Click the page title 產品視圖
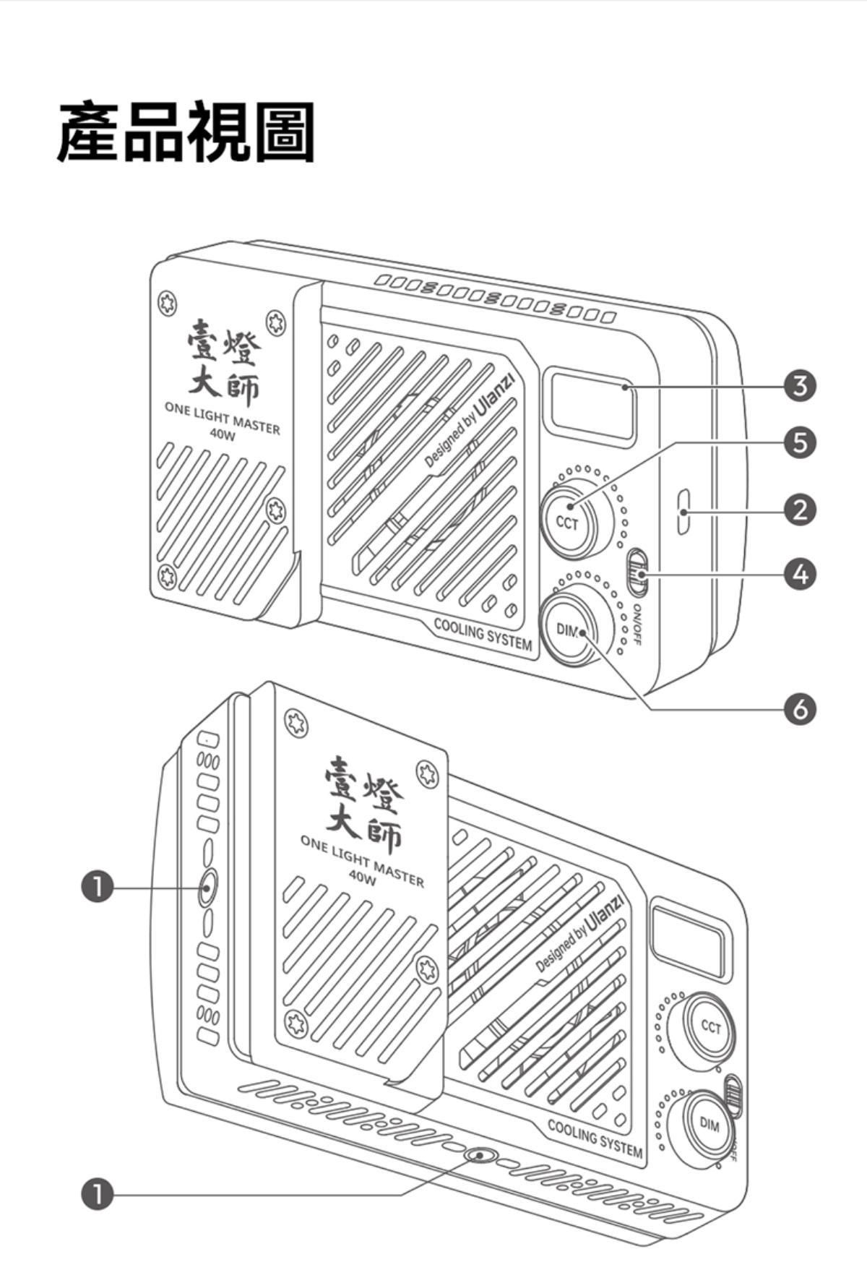click(x=186, y=132)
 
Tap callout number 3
click(x=800, y=386)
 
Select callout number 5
click(x=800, y=442)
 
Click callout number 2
click(x=800, y=510)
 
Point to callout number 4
click(x=800, y=573)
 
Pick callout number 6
click(x=800, y=709)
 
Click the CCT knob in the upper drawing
click(x=568, y=521)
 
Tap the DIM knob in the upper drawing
click(x=569, y=630)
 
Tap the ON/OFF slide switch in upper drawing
click(x=637, y=572)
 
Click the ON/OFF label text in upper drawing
click(x=637, y=623)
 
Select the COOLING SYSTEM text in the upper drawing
click(x=483, y=635)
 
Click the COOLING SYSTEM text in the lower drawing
click(x=595, y=1138)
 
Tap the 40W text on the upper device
click(x=222, y=434)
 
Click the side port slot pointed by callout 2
click(x=683, y=512)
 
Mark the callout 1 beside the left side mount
click(x=98, y=887)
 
